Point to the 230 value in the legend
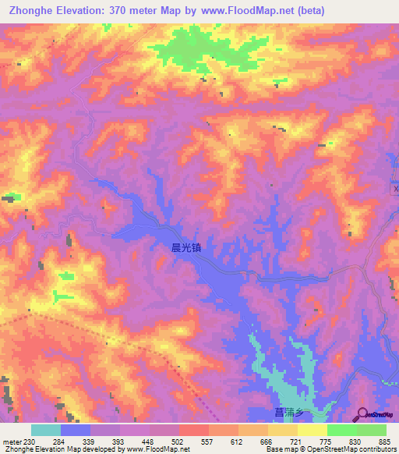coord(30,441)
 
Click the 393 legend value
coord(119,441)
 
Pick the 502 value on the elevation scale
coord(178,441)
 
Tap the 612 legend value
coord(238,441)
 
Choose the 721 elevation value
coord(297,441)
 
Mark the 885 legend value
coord(386,441)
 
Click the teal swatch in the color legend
coord(46,430)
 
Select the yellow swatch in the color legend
coord(312,430)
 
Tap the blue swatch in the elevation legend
coord(76,430)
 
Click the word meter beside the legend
coord(9,441)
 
